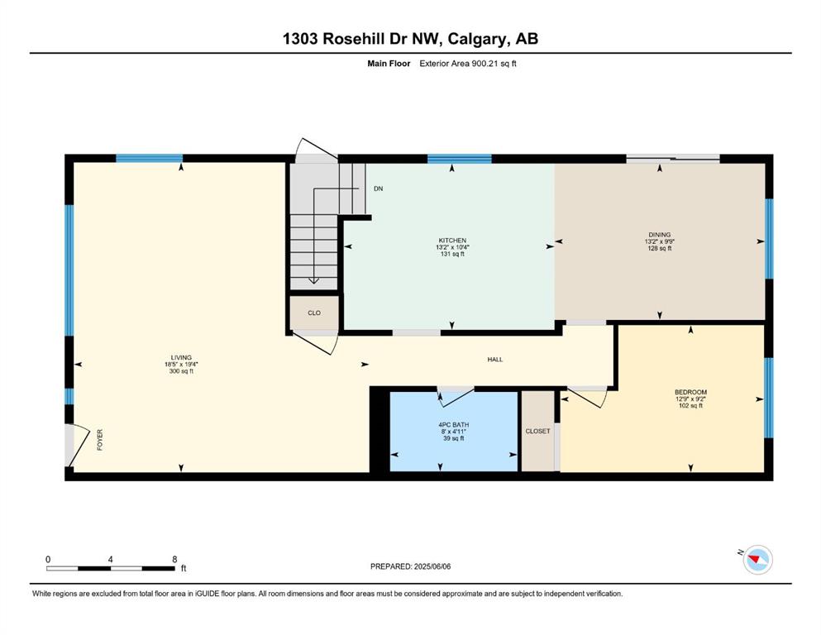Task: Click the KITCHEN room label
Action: [x=452, y=241]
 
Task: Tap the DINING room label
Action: [x=659, y=235]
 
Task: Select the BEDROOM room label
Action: [x=690, y=392]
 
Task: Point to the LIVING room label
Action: [x=181, y=357]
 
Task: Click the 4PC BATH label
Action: [x=453, y=424]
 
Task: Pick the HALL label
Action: [x=494, y=360]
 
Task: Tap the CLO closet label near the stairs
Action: [x=314, y=313]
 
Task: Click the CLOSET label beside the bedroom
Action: [x=537, y=432]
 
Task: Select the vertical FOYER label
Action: [x=100, y=440]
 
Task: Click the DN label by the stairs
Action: [x=378, y=189]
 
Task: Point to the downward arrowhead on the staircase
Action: [x=313, y=280]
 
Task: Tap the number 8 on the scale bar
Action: [x=174, y=559]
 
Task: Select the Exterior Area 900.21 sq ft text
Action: [x=468, y=64]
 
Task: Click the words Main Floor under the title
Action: [x=389, y=64]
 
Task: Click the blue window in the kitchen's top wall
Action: [x=459, y=159]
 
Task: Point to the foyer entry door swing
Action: [x=79, y=445]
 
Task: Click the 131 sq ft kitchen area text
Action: [x=452, y=254]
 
